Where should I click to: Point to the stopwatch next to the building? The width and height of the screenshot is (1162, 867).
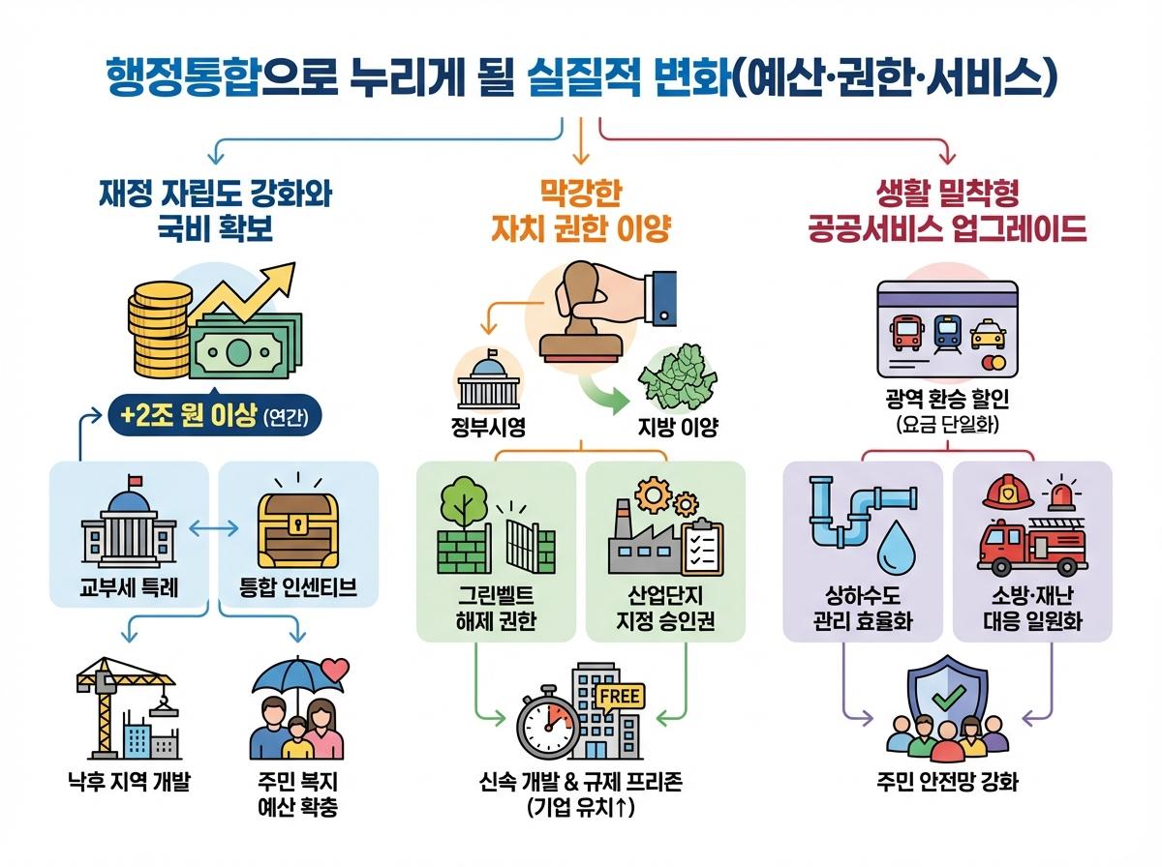[548, 726]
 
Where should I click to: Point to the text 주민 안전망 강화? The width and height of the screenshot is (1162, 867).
[946, 782]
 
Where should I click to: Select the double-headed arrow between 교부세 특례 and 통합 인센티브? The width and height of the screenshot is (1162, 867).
[214, 529]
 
